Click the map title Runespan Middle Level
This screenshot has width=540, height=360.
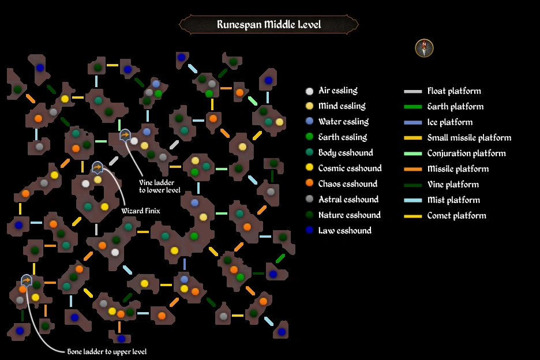click(269, 25)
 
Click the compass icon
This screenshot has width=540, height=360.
click(424, 48)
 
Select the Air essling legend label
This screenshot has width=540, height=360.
click(337, 91)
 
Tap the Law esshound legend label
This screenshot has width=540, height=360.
click(344, 231)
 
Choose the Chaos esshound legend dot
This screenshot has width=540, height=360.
click(310, 184)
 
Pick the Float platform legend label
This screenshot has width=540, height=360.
click(453, 91)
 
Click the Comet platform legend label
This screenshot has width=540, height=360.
click(456, 216)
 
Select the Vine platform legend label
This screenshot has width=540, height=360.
click(452, 185)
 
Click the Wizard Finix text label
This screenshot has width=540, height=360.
click(140, 211)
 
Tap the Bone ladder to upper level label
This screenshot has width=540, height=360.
click(106, 351)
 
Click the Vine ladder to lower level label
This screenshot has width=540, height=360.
click(160, 186)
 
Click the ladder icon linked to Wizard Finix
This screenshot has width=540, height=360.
click(97, 168)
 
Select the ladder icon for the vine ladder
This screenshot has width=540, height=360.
click(125, 135)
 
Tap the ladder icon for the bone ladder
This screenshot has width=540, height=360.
click(27, 280)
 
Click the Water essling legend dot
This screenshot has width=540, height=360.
click(310, 122)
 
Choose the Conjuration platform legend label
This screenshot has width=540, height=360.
click(466, 153)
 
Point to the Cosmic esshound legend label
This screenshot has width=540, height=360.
click(350, 168)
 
